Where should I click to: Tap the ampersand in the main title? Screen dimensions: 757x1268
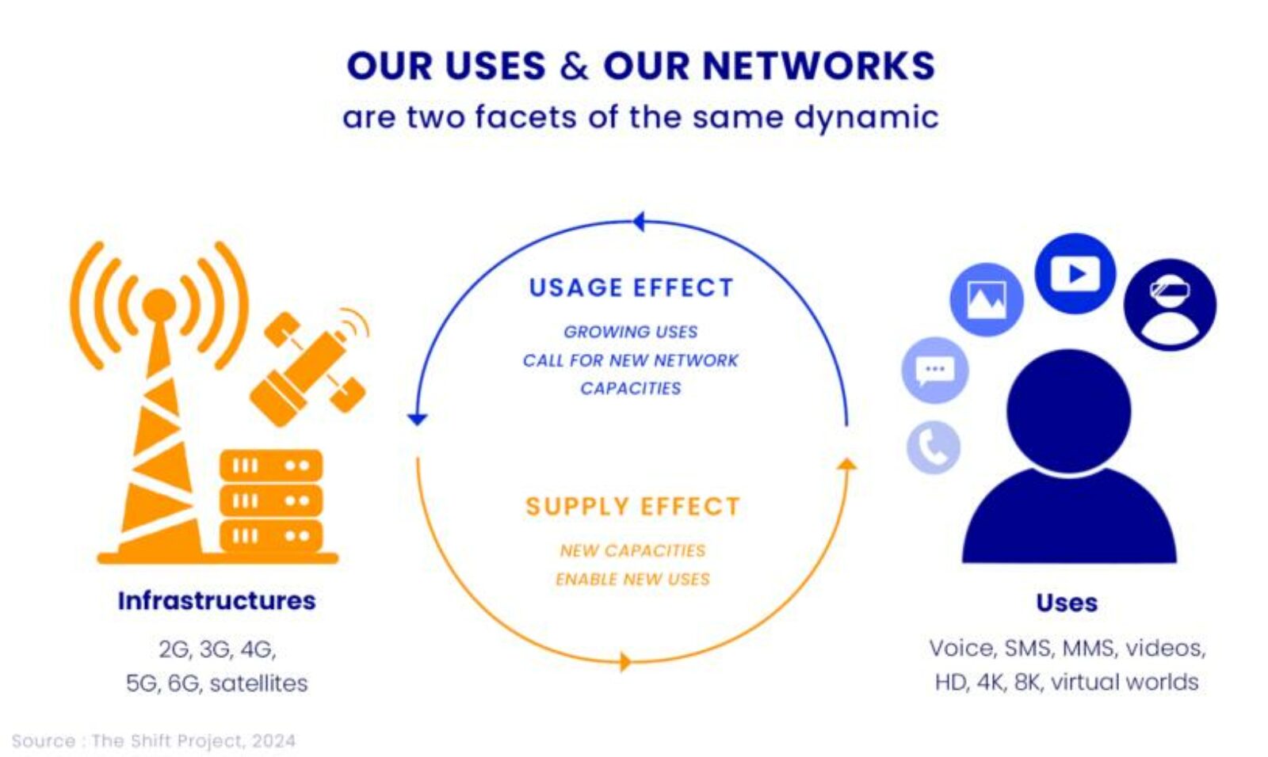pos(574,67)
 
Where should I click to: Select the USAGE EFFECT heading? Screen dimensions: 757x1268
pos(631,287)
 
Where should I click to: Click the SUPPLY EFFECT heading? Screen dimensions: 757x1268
pos(632,506)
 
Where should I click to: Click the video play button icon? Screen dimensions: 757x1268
pos(1075,273)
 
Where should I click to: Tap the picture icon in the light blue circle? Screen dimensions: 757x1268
pos(986,299)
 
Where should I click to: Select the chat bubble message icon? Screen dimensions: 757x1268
pos(934,370)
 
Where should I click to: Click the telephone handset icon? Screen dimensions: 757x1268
pos(933,447)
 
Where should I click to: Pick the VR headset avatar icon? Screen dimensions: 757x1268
pos(1169,304)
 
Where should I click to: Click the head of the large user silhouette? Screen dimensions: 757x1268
pos(1068,410)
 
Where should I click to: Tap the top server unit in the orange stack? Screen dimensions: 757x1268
pos(271,466)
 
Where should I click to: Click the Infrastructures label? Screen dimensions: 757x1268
pos(216,601)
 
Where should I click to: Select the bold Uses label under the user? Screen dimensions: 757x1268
pos(1067,603)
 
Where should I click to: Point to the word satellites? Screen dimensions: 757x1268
pos(258,683)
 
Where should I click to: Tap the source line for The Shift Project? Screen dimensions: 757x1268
pos(154,741)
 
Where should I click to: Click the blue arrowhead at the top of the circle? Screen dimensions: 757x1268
pos(639,222)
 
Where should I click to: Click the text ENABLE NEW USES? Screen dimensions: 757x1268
pos(632,579)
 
